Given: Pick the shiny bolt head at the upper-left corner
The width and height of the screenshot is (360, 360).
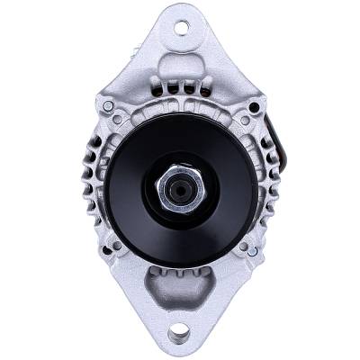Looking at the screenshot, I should pos(109,106).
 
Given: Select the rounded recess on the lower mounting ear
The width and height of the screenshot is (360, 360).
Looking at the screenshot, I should pos(180,290).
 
